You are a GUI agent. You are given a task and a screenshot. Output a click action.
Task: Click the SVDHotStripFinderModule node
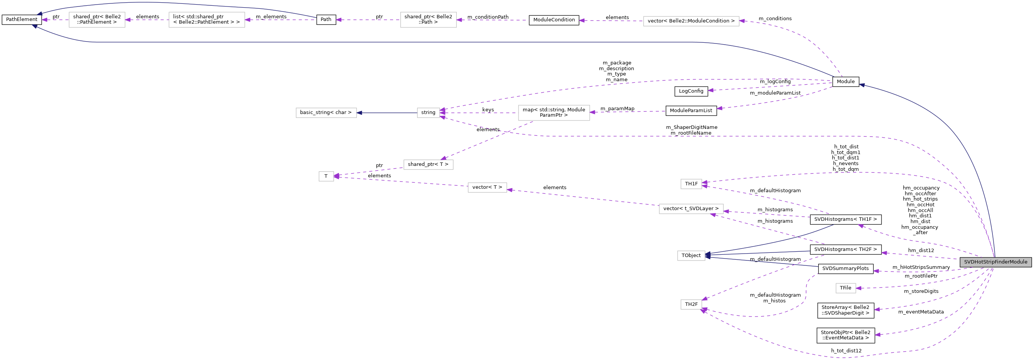(x=995, y=262)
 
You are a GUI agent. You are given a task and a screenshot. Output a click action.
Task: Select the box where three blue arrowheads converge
(x=691, y=256)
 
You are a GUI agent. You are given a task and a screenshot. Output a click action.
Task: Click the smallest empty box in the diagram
(x=326, y=176)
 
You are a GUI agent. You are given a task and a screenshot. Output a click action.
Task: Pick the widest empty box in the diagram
(x=691, y=21)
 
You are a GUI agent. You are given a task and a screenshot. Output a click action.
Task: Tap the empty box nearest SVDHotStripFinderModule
(x=846, y=288)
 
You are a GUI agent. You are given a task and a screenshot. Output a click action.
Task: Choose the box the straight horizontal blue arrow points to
(x=326, y=113)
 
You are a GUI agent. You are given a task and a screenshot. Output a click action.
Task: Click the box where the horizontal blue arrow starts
(x=428, y=113)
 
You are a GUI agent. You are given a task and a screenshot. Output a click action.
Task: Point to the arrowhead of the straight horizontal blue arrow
(x=359, y=113)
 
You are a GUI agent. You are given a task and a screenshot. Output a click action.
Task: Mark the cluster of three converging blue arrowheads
(x=708, y=255)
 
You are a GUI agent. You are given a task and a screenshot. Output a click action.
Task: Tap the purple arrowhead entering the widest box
(x=742, y=21)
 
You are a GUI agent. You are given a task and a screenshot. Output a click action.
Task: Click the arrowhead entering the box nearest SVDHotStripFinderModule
(x=859, y=288)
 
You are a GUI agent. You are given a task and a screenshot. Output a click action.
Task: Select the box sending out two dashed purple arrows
(x=554, y=113)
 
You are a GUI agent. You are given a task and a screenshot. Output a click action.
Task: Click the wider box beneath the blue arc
(x=206, y=20)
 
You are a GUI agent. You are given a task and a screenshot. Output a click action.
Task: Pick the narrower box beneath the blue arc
(x=97, y=20)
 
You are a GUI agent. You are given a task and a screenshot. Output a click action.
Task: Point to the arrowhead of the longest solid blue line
(x=35, y=26)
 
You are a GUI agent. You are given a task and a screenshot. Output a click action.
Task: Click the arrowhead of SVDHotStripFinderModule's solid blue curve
(x=861, y=85)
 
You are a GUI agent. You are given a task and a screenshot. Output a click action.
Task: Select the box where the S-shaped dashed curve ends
(x=691, y=305)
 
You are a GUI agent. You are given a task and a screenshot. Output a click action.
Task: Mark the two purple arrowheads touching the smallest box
(x=336, y=176)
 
